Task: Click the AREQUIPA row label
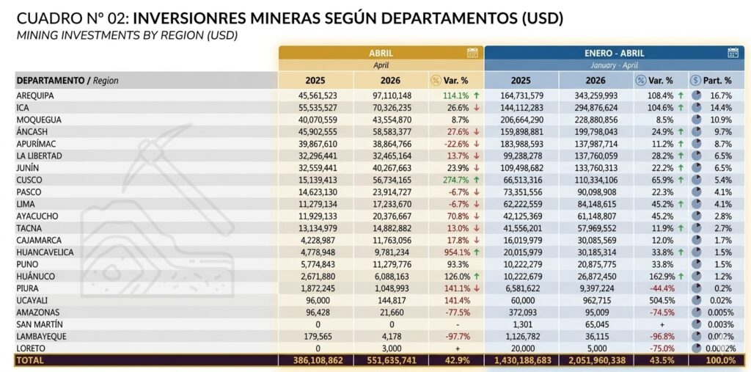[35, 96]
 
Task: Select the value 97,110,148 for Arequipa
[392, 96]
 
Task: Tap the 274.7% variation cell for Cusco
[456, 180]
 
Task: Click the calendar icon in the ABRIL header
[472, 54]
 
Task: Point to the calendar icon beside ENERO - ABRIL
[733, 54]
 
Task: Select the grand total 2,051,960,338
[596, 360]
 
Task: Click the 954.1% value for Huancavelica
[456, 252]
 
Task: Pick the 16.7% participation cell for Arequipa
[722, 96]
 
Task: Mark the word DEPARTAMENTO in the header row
[51, 81]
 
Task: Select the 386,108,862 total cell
[317, 360]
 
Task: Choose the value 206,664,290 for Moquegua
[521, 120]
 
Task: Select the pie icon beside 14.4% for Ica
[697, 107]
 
